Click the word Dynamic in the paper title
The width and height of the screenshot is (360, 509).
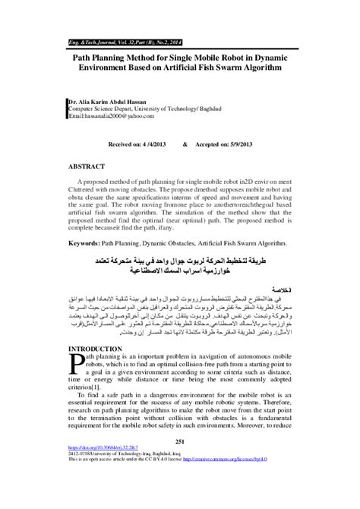(x=274, y=56)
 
